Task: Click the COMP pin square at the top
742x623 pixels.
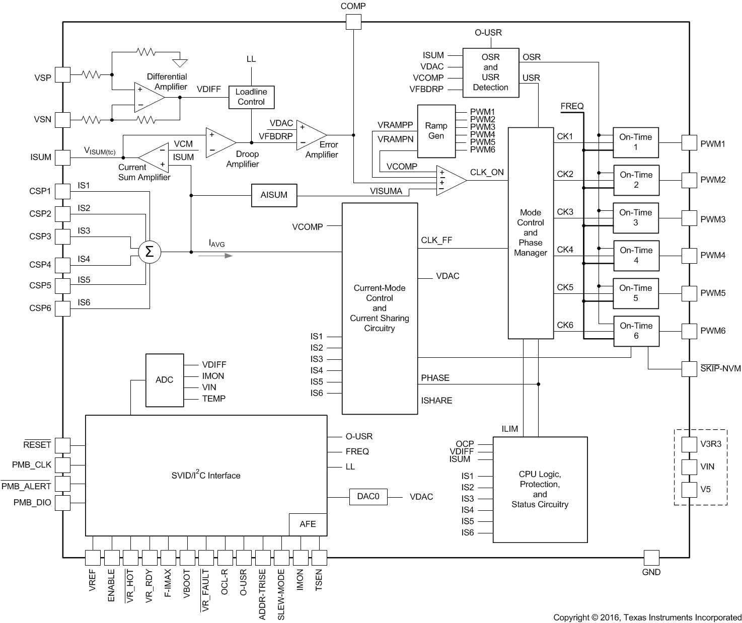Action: pos(353,22)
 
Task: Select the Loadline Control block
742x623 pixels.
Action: pos(251,97)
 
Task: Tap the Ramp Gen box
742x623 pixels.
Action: pos(436,131)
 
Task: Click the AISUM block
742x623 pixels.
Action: pos(274,195)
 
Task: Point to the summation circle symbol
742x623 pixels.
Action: pos(150,252)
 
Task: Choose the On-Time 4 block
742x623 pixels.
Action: pos(636,256)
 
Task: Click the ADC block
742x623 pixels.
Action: pos(165,380)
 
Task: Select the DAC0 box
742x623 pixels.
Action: pos(368,497)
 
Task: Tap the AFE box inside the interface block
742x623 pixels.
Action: pos(308,524)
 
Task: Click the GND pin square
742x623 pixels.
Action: pos(651,558)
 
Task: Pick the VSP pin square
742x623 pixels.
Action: pos(62,75)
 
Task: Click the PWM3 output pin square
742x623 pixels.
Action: pos(689,218)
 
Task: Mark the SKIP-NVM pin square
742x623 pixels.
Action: pos(689,369)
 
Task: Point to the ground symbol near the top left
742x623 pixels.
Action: pos(180,63)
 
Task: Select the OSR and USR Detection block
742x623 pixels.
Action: pos(490,72)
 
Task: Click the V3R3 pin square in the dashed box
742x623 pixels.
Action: pos(689,444)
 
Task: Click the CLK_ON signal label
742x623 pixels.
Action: pos(487,172)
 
